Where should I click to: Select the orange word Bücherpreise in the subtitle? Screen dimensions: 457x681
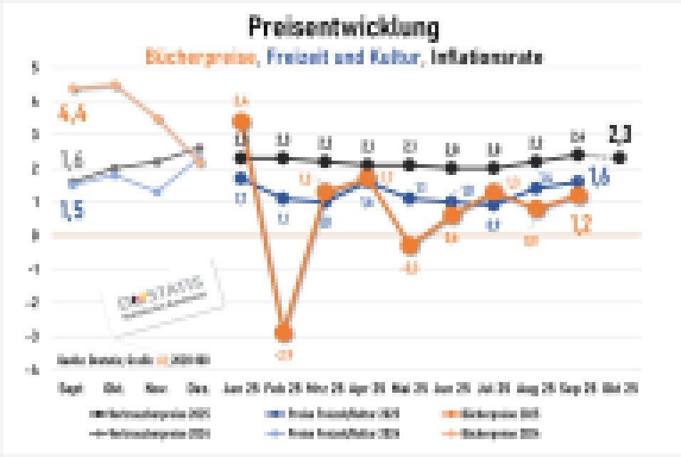[202, 57]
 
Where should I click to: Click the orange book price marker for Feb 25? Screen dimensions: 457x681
[283, 333]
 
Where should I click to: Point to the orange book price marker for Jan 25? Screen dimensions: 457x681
[241, 121]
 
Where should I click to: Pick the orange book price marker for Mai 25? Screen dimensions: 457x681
[409, 246]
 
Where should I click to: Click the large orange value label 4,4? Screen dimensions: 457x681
[71, 113]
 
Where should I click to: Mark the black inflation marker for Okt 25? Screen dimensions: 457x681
[620, 157]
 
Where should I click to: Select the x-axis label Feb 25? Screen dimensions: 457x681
[283, 390]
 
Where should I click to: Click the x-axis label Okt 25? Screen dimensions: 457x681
[620, 390]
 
